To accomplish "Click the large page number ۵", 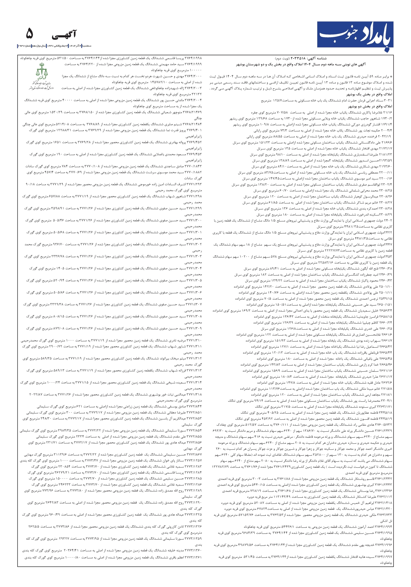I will tap(30, 34).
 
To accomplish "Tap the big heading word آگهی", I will tap(64, 35).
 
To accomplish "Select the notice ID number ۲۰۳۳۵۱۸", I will tap(298, 58).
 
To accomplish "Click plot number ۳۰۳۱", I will tap(388, 100).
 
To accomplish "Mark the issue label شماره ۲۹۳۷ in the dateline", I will tap(25, 46).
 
